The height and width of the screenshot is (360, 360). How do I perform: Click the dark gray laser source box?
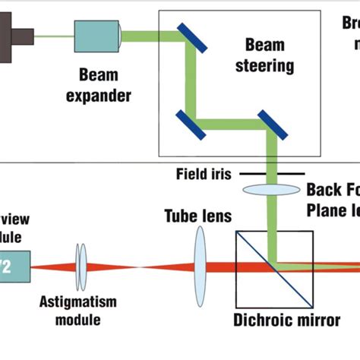[9, 34]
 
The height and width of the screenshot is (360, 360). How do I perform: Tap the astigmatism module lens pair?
[80, 267]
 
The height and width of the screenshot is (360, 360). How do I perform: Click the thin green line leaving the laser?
[54, 34]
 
